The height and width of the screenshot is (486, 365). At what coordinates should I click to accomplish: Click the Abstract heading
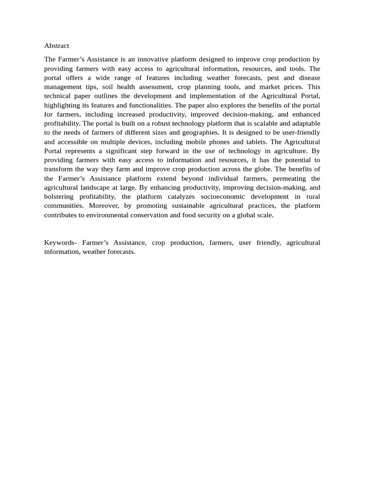[x=57, y=46]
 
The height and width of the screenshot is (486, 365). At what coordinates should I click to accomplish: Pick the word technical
[x=58, y=96]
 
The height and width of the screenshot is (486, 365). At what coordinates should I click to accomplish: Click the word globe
[x=266, y=169]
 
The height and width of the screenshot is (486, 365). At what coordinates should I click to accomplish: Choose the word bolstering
[x=59, y=196]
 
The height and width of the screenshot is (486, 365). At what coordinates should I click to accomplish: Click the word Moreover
[x=104, y=206]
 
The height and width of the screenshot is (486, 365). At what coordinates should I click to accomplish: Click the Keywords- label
[x=60, y=243]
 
